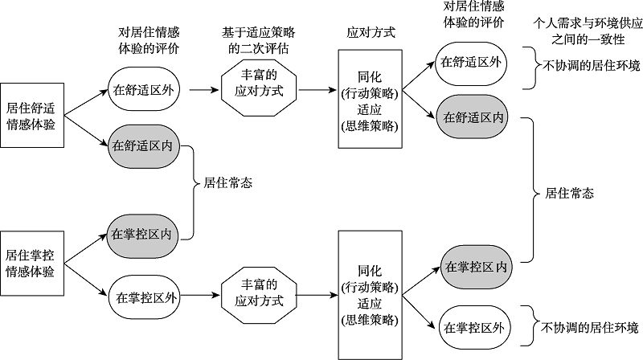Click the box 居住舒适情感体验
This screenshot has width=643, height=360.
[x=31, y=116]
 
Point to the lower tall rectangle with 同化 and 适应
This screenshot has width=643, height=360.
[x=370, y=293]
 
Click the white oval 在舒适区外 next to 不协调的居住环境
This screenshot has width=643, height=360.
[x=472, y=63]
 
